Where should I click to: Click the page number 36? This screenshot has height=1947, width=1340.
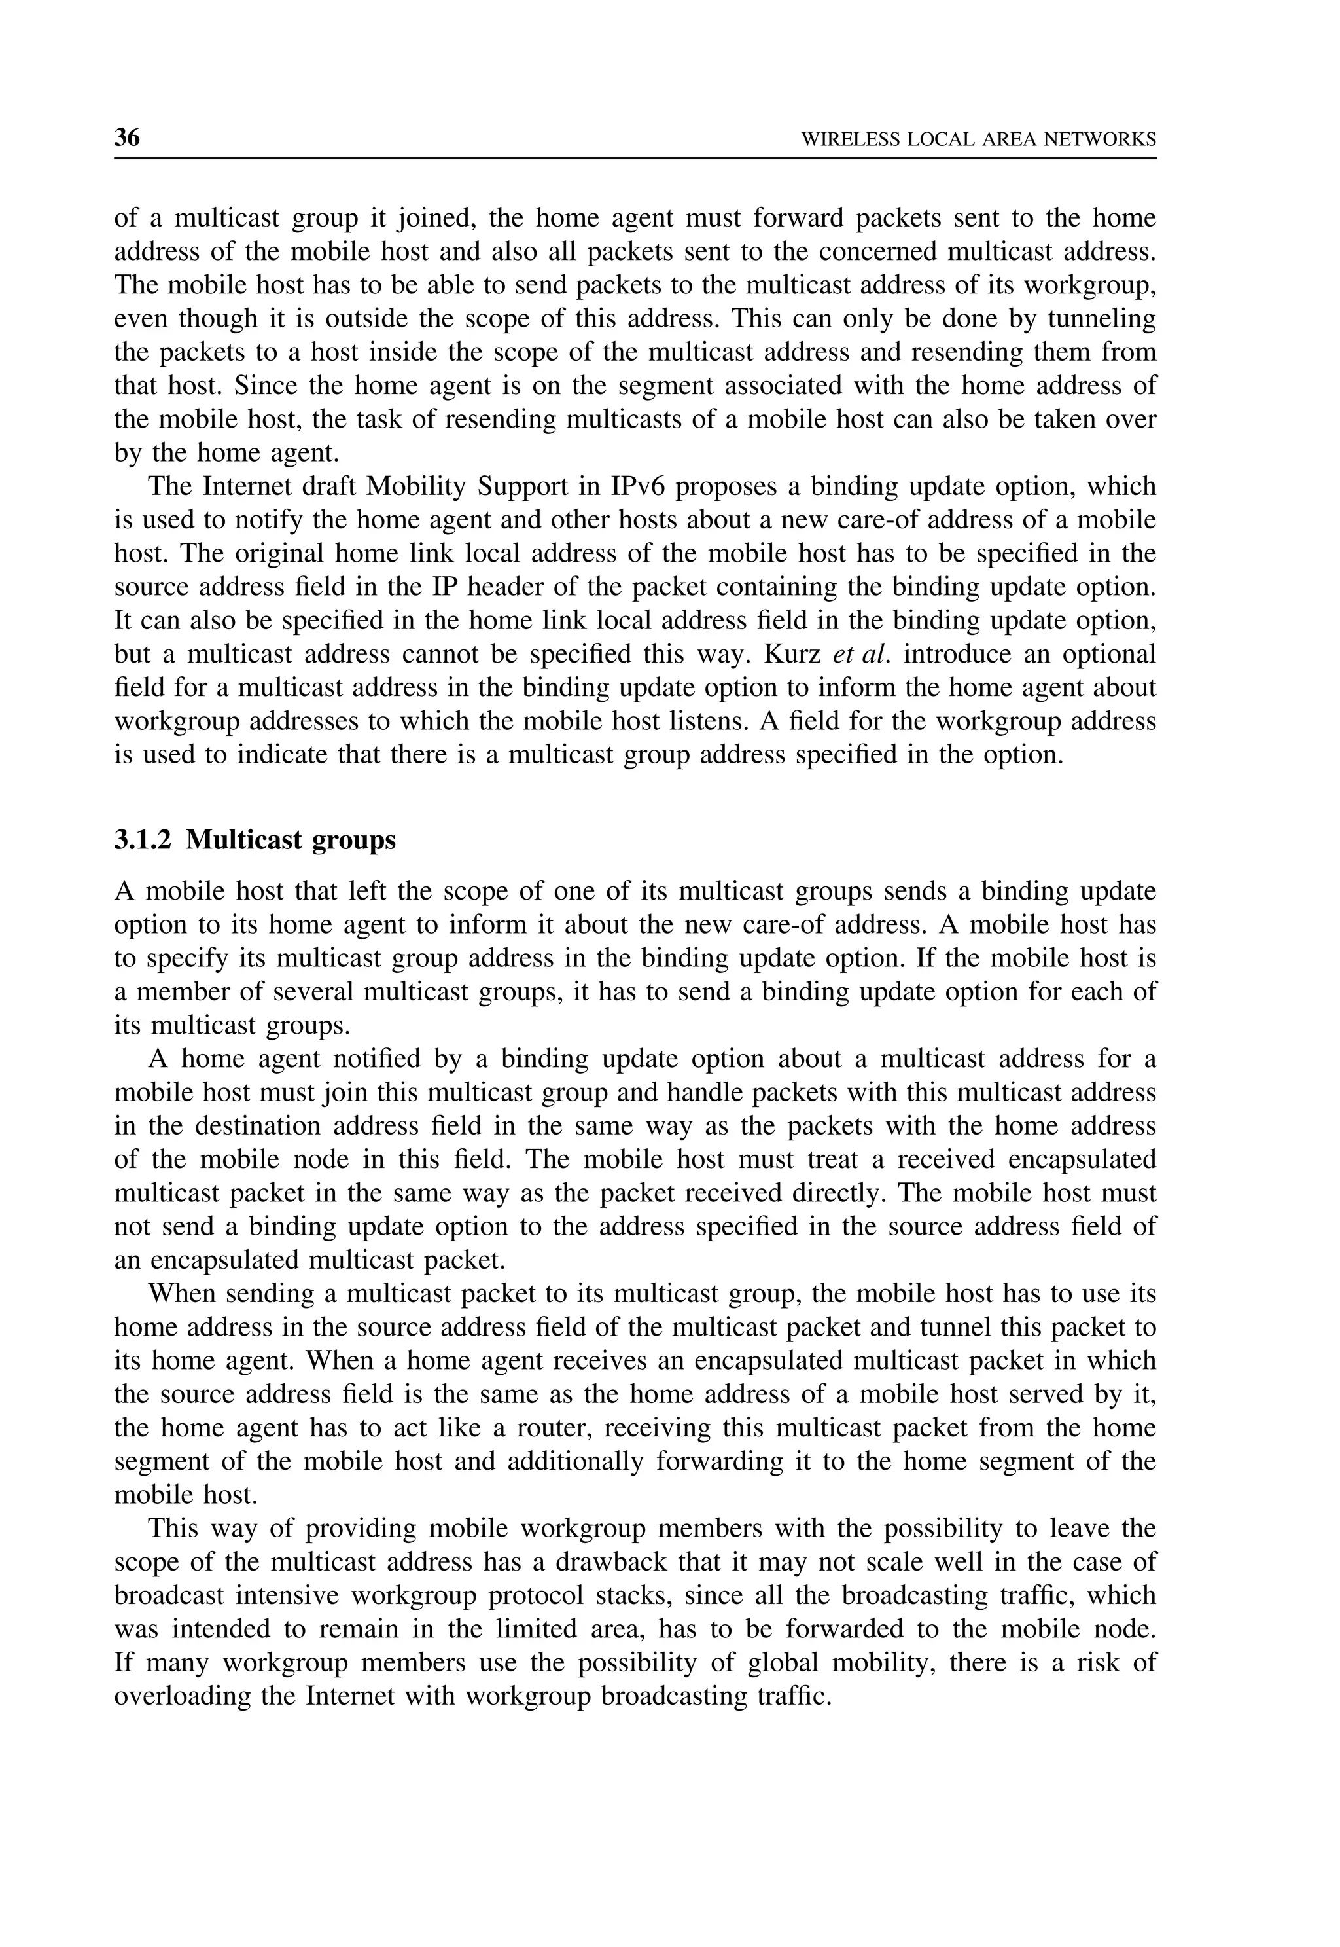[127, 137]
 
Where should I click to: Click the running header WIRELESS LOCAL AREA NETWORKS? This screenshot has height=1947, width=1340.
[978, 139]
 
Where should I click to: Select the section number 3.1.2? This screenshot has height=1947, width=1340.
[143, 840]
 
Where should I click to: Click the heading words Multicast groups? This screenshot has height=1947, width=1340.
[291, 840]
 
